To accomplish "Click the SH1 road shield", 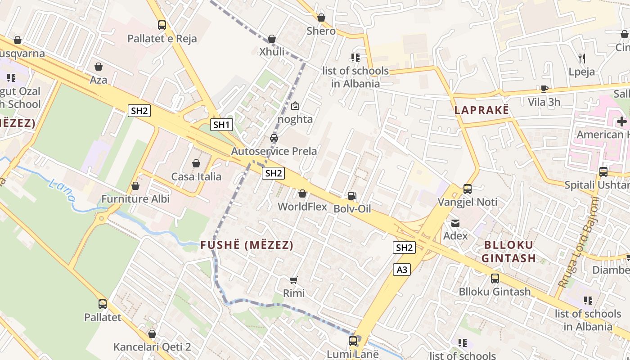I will pos(221,125).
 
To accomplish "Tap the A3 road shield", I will pos(402,270).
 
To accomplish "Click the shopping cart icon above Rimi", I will pos(294,280).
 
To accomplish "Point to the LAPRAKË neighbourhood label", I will pos(481,110).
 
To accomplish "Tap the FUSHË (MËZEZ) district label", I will pos(247,245).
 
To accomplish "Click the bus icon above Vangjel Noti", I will pos(468,189).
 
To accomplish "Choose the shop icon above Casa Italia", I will pos(196,163).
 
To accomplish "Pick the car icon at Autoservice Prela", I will pos(274,138).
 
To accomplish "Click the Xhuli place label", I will pos(272,52).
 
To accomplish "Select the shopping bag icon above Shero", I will pos(321,18).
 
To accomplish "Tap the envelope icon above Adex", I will pos(455,223).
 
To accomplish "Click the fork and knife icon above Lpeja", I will pos(581,58).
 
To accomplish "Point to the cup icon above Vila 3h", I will pos(544,89).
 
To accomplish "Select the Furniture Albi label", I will pos(135,198).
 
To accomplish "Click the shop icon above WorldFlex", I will pos(302,193).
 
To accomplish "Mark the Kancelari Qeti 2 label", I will pos(152,347).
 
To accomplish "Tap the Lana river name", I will pos(61,189).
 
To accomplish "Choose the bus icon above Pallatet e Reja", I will pos(162,25).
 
